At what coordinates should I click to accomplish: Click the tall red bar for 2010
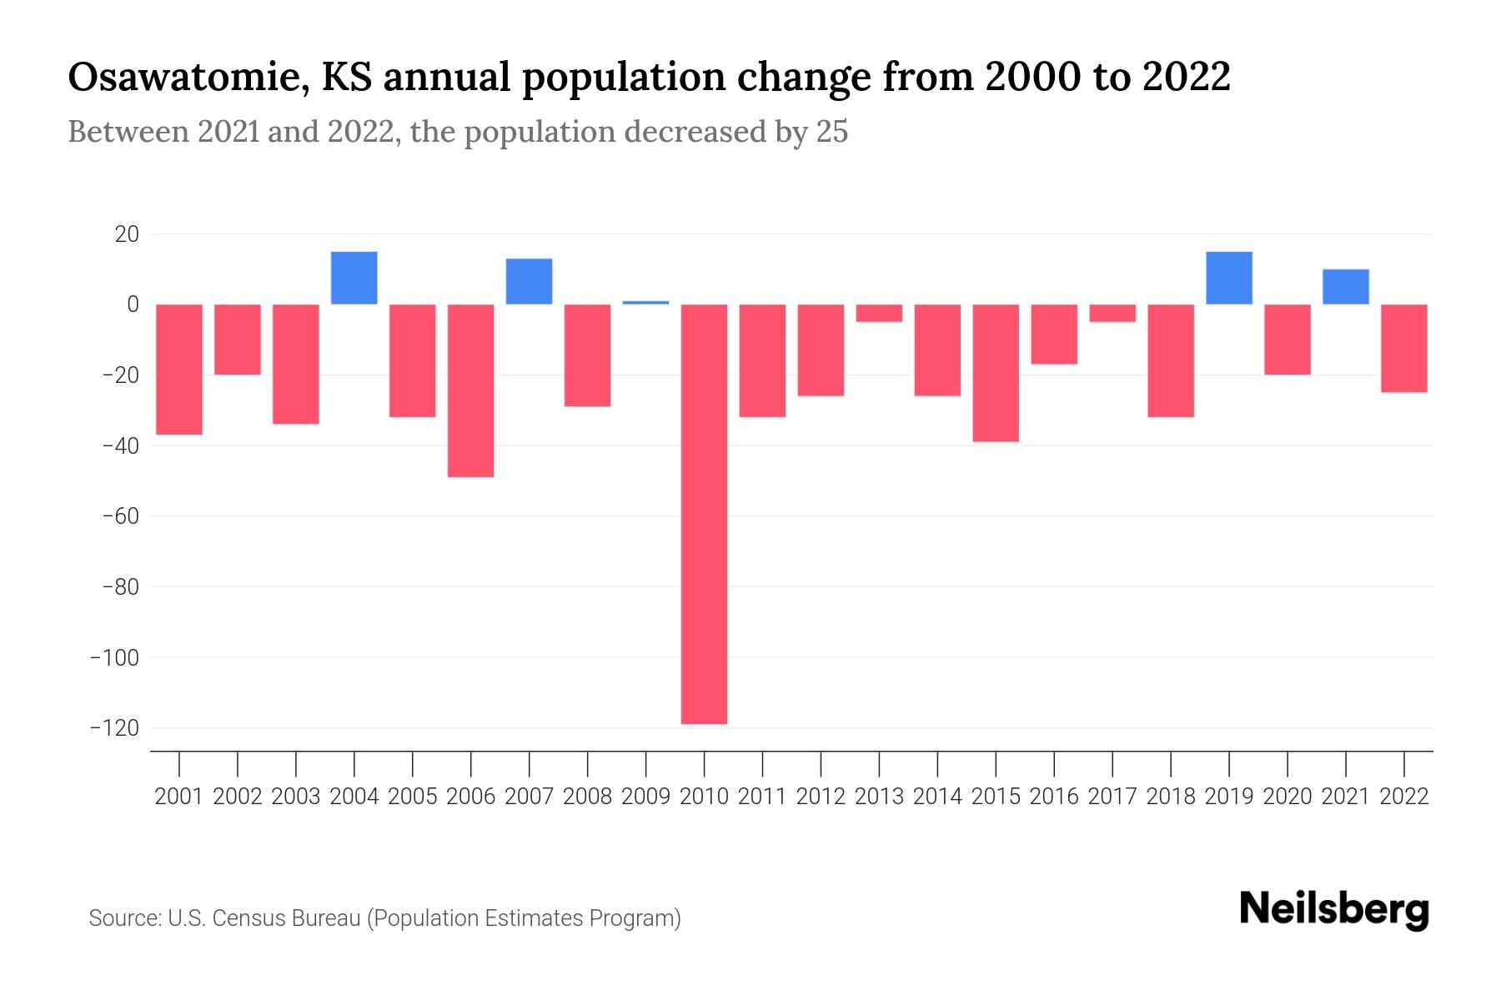point(704,513)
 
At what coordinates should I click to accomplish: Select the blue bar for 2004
point(354,278)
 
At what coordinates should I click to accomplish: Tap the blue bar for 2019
point(1228,278)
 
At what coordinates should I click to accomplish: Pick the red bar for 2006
point(470,390)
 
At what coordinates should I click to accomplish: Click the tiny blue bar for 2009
point(645,302)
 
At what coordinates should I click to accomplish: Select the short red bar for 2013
point(879,313)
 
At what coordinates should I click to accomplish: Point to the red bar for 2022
point(1403,348)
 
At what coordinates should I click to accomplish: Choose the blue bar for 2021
point(1345,286)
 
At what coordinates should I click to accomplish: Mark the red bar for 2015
point(996,373)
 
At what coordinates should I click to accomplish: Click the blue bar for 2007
point(529,281)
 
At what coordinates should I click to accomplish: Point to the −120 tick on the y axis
point(115,728)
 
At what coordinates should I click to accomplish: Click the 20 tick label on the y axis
point(127,234)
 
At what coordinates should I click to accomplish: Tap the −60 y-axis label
point(120,516)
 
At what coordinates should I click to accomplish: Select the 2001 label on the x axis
point(179,797)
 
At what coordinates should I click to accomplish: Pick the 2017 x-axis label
point(1112,797)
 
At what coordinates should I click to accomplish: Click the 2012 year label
point(821,797)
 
